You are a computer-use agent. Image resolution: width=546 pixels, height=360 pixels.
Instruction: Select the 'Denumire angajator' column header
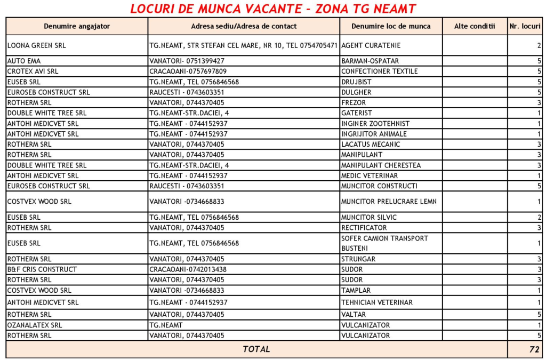tap(77, 26)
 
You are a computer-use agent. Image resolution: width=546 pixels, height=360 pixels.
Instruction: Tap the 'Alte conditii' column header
tap(475, 26)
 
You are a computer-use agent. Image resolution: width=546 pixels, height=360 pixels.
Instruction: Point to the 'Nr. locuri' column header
tap(525, 26)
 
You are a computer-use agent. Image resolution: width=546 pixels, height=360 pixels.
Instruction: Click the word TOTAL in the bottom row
tap(256, 349)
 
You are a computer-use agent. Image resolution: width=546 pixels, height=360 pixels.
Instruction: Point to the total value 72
tap(534, 349)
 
